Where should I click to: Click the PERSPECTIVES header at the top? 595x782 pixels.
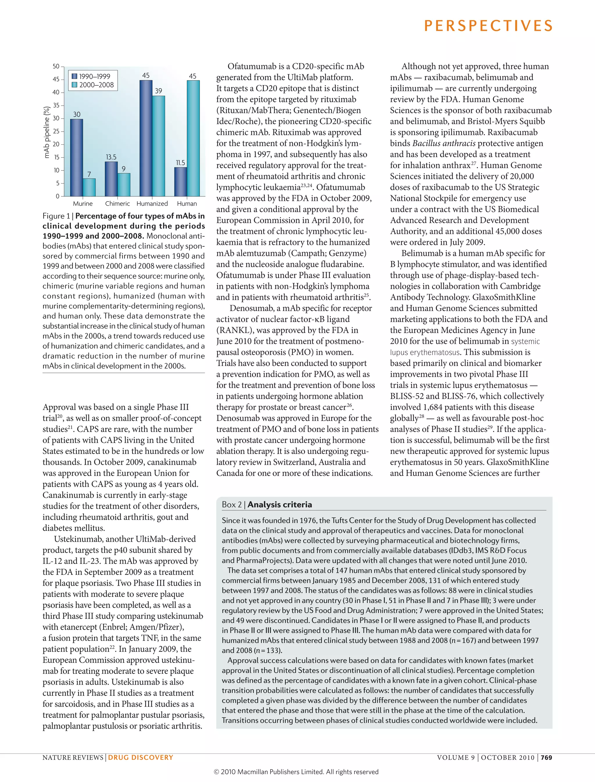488,26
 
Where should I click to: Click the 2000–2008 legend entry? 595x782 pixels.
92,85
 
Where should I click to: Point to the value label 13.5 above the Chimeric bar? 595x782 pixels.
111,157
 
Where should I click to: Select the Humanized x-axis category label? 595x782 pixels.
152,204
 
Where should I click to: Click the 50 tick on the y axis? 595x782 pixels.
56,66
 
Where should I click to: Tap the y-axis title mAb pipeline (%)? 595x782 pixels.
46,132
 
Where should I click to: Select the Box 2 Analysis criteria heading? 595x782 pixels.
267,504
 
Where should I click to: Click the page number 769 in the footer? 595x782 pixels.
546,758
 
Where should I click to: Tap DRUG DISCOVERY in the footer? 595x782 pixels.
141,758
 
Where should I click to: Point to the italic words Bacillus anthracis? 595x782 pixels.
444,144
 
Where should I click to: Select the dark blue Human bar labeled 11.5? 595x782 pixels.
181,182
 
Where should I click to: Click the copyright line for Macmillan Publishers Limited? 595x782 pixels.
296,772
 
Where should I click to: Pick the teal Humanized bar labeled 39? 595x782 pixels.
158,146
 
